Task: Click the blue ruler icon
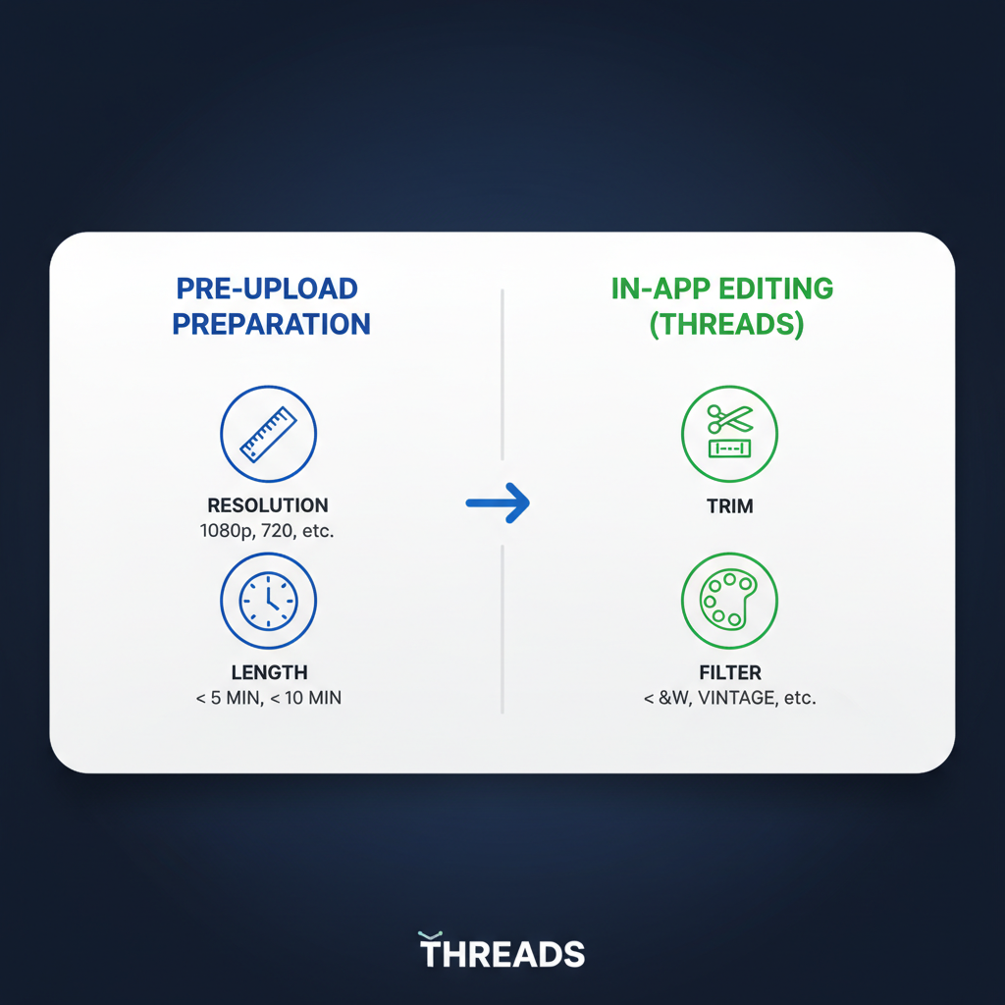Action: (268, 433)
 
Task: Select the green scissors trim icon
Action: (729, 433)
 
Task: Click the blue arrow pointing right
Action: (498, 503)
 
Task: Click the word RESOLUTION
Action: (268, 506)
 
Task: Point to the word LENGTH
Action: (269, 673)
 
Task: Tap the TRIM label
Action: (729, 506)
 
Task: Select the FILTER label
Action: (729, 673)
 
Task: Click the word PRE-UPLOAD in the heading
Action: (267, 290)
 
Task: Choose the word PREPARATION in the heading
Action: (272, 324)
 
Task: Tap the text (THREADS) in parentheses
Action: (727, 324)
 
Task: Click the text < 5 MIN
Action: (223, 698)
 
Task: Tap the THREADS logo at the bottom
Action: (502, 953)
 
